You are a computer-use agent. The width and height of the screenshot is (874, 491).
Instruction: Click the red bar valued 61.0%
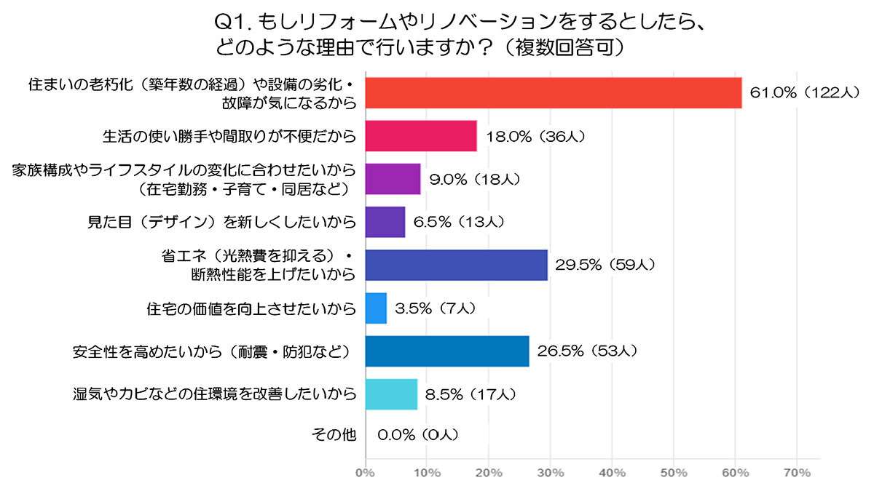click(x=553, y=92)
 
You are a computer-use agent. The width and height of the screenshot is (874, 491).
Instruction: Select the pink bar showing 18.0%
click(x=420, y=135)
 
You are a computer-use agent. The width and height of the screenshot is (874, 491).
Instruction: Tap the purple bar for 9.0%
click(x=392, y=179)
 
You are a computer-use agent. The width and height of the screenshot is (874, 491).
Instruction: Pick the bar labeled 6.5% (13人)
click(x=384, y=222)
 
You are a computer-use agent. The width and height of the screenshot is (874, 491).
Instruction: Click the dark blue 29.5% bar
click(x=455, y=265)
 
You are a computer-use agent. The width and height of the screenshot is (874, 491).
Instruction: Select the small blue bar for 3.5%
click(x=375, y=308)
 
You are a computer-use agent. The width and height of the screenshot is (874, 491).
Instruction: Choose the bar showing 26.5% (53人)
click(x=446, y=351)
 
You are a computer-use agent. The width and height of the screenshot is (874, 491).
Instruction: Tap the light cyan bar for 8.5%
click(x=390, y=394)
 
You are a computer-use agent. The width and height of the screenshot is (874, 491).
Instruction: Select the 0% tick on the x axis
click(x=364, y=473)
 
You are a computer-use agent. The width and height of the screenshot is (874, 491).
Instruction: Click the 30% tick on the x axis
click(x=550, y=473)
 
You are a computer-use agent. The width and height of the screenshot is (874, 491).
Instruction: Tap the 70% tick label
click(x=798, y=473)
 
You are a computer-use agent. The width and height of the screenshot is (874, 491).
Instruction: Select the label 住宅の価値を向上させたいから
click(x=251, y=308)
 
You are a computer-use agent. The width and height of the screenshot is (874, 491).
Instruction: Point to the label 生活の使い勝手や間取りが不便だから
click(x=229, y=136)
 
